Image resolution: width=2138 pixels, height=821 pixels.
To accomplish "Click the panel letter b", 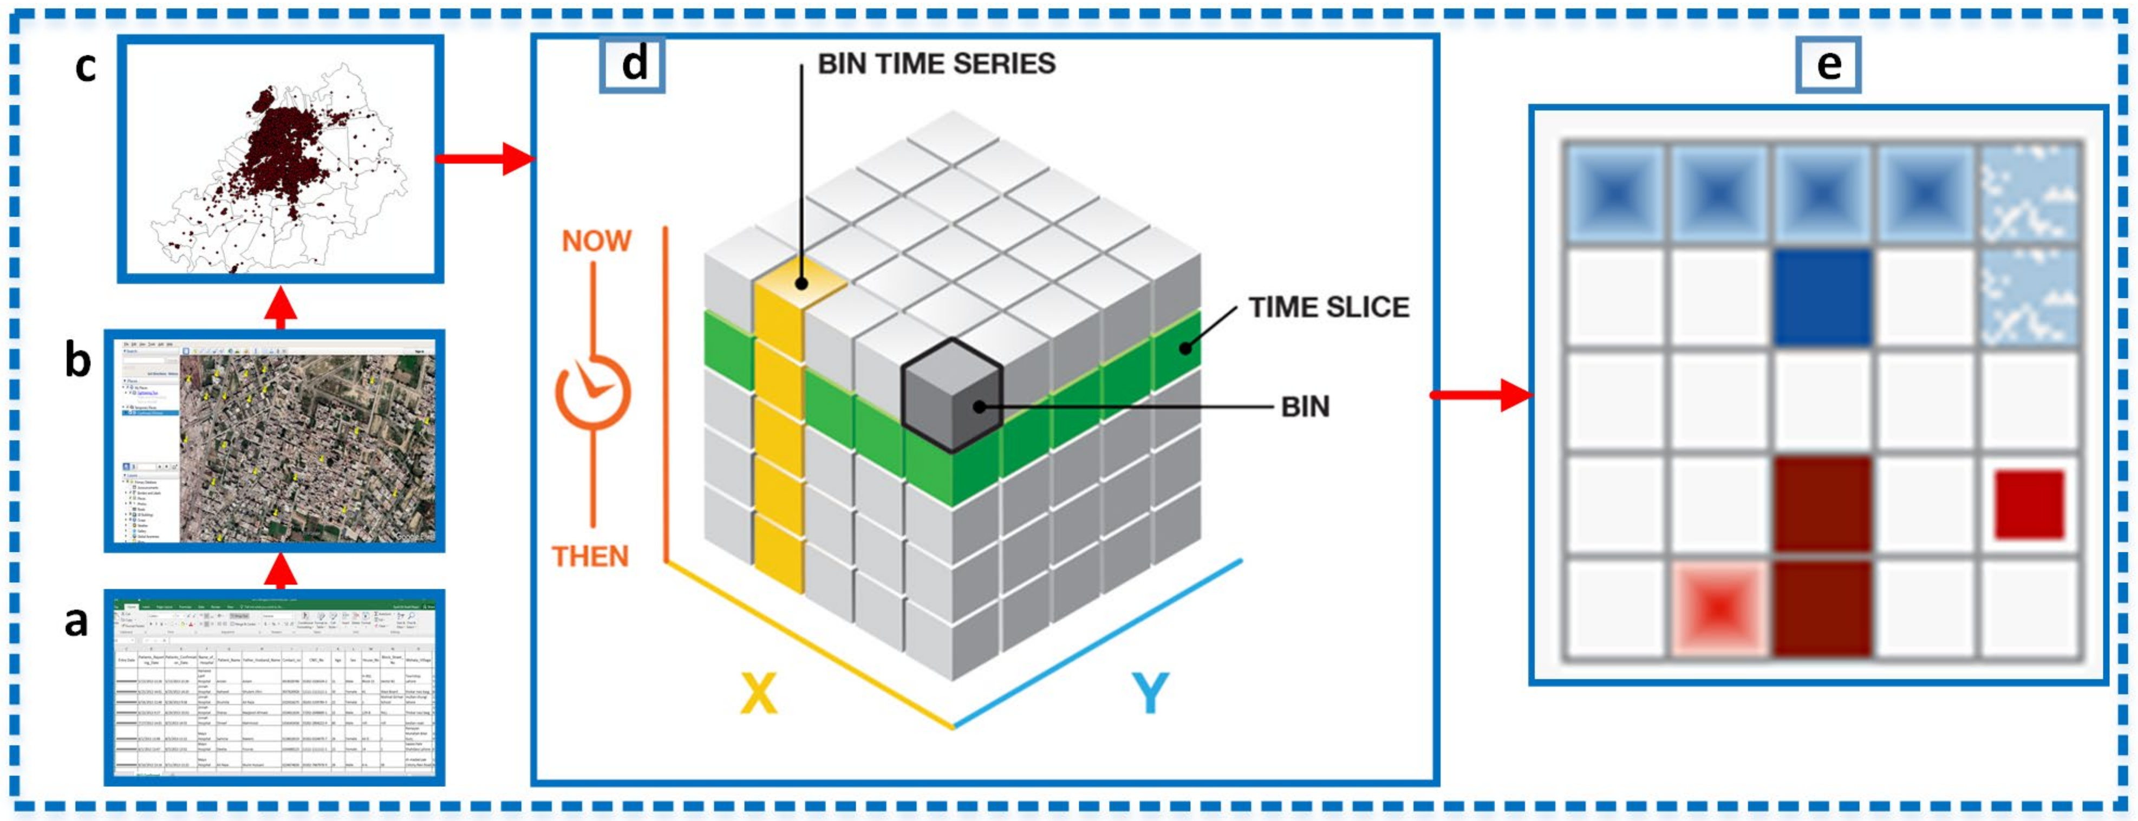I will (78, 362).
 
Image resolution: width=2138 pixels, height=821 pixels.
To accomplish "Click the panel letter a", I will (76, 621).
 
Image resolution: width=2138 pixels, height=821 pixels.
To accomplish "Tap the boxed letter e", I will (1828, 64).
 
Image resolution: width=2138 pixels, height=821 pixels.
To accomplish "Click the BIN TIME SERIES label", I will (936, 64).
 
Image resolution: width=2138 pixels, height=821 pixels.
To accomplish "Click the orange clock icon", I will (592, 393).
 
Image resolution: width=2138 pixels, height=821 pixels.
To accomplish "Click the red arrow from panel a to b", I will (283, 572).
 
